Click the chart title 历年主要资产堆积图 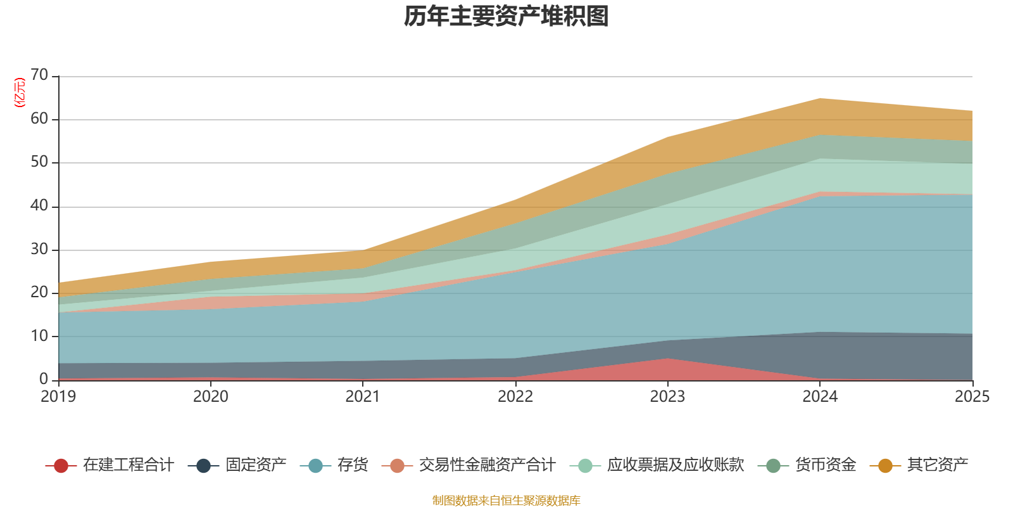(x=507, y=16)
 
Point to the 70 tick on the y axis (x=39, y=75)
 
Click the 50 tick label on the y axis (x=39, y=162)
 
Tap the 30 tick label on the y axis (x=39, y=249)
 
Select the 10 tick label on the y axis (x=39, y=336)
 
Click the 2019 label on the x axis (x=58, y=397)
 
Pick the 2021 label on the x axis (x=362, y=397)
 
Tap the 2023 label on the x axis (x=667, y=397)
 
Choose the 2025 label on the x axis (x=971, y=397)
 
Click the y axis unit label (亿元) (x=20, y=93)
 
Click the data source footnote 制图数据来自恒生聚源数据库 (x=507, y=501)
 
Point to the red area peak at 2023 (x=667, y=359)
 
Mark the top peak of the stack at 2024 (x=820, y=98)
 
